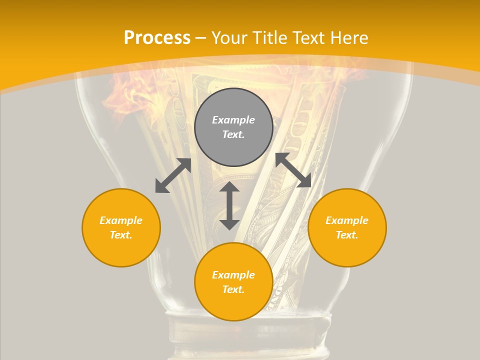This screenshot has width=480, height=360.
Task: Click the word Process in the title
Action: (157, 38)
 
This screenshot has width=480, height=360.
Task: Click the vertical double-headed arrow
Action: (229, 205)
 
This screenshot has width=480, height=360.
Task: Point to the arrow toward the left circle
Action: (173, 175)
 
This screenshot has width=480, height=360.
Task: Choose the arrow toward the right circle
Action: (293, 170)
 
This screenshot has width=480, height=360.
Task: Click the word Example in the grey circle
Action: (233, 120)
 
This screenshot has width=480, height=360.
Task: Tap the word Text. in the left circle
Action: (121, 235)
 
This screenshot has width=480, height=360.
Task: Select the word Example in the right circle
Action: (347, 220)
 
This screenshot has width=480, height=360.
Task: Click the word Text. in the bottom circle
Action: (233, 289)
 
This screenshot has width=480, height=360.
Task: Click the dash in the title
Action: (201, 38)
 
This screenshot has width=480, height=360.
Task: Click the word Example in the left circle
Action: (121, 220)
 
